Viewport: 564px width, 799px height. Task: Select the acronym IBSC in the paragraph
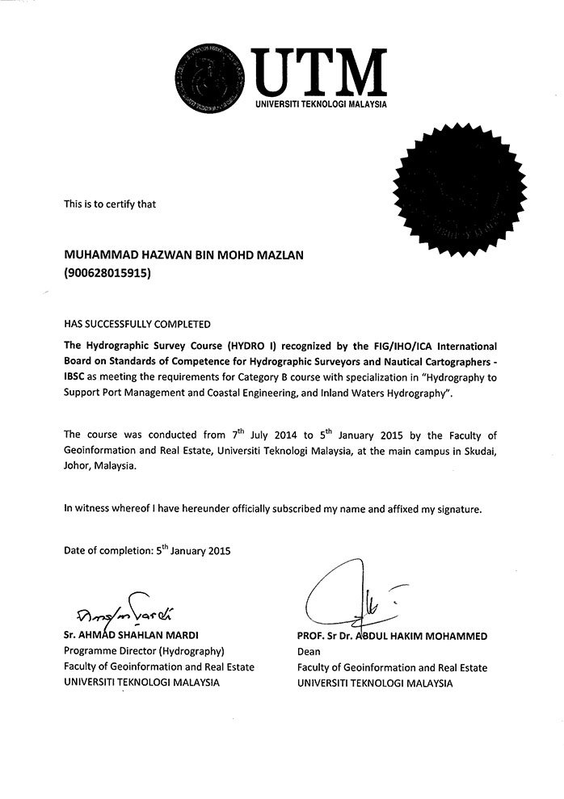(x=78, y=377)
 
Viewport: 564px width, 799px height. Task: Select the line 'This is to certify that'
(x=110, y=204)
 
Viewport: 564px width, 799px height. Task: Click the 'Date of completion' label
(x=107, y=552)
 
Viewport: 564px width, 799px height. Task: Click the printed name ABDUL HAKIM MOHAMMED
(x=429, y=636)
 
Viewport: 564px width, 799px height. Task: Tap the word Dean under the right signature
(x=309, y=652)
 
